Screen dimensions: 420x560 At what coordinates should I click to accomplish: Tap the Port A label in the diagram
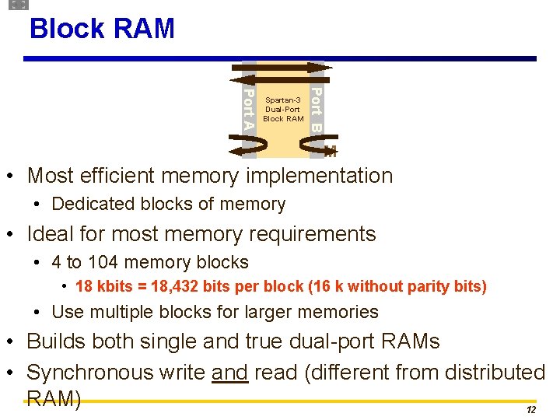[248, 109]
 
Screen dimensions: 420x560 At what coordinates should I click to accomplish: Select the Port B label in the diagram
[317, 110]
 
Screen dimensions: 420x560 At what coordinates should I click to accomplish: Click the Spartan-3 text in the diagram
[282, 100]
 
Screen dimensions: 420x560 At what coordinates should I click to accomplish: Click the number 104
[102, 262]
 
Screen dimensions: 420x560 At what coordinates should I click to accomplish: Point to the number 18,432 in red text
[172, 286]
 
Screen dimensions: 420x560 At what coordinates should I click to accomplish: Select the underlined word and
[229, 373]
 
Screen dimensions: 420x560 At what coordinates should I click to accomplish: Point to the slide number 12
[531, 409]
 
